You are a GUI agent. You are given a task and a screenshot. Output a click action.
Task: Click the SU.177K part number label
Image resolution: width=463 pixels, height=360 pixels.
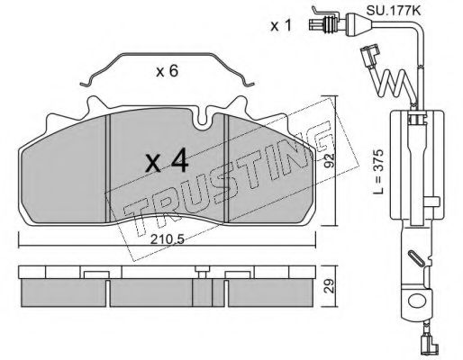pos(393,12)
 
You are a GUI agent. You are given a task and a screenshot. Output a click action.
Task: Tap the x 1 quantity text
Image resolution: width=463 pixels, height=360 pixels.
pos(281,26)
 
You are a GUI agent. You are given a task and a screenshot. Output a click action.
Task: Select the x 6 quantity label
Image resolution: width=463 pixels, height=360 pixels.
pos(167,71)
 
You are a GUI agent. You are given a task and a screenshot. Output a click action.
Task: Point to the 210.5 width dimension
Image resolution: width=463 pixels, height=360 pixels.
pos(167,239)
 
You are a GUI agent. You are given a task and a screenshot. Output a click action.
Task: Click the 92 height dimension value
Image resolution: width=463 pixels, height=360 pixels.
pos(329,161)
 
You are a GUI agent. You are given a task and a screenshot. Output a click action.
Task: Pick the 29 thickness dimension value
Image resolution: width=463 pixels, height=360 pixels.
pos(329,286)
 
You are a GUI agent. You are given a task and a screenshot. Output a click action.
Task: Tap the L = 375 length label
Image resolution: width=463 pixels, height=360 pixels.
pos(378,171)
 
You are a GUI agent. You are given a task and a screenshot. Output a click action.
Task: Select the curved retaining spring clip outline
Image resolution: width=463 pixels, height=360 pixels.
pos(167,54)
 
